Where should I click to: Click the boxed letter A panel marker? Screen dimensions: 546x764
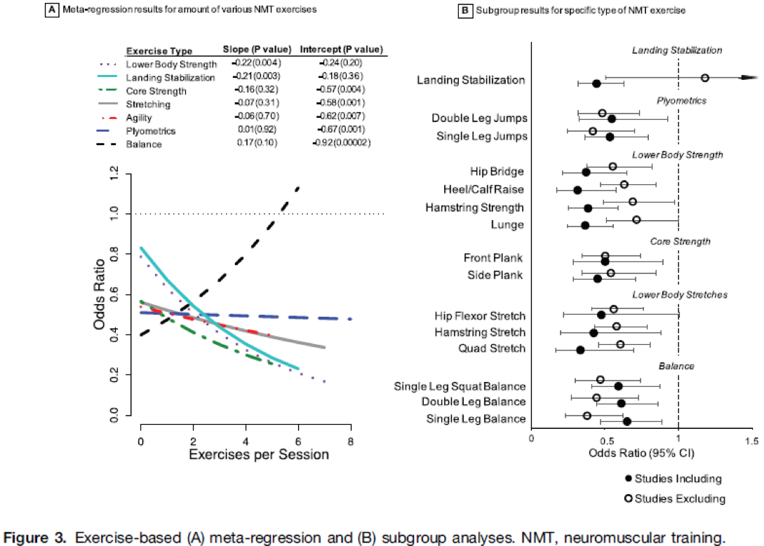51,11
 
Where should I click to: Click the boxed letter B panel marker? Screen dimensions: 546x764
464,11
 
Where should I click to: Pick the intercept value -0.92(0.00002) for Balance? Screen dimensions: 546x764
342,144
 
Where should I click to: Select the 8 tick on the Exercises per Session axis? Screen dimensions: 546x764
351,441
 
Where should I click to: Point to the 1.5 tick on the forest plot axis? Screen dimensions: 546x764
751,439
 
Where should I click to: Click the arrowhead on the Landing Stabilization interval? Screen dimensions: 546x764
751,79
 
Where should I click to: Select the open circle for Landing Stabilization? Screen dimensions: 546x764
705,78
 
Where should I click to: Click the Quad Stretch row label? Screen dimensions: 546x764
492,348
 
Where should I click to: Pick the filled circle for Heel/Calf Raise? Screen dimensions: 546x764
577,190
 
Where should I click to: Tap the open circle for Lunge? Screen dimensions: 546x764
636,219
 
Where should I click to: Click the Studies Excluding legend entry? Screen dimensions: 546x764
675,498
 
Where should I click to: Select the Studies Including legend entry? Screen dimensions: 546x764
673,479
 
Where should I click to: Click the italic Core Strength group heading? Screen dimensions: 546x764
678,242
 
